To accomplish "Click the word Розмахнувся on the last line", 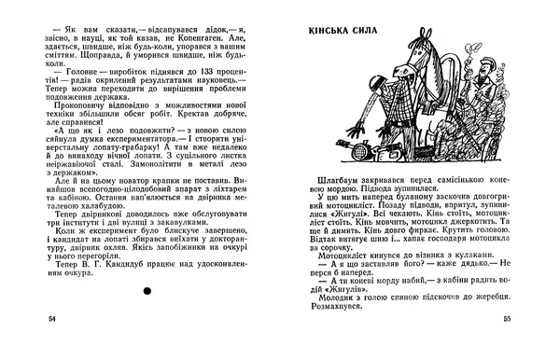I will click(x=344, y=332).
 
